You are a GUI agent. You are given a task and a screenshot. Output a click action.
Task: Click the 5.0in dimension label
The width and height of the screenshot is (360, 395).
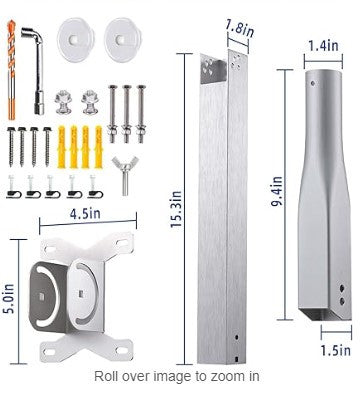[x=10, y=297]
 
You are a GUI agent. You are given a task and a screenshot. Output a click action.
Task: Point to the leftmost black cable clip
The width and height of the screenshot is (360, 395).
[x=15, y=183]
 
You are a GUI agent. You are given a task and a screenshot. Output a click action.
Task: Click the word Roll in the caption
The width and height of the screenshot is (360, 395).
[x=109, y=376]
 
